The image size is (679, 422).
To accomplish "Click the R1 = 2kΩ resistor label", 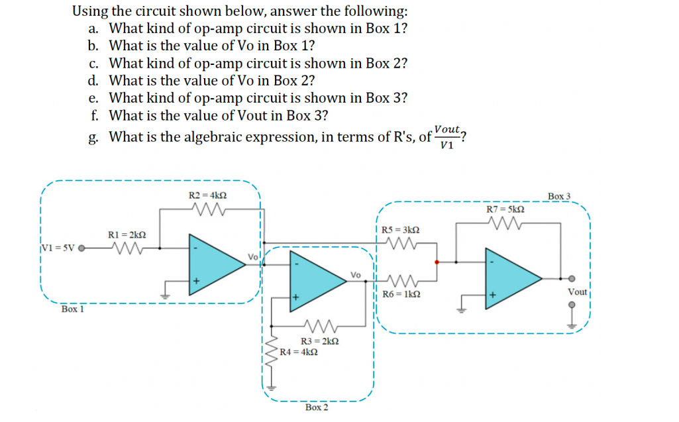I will [127, 235].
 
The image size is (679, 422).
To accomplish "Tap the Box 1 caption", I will [72, 309].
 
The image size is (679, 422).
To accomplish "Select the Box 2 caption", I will [317, 407].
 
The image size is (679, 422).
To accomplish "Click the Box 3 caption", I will [560, 196].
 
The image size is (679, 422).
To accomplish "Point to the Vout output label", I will [577, 292].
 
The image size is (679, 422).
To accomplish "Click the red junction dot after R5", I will [436, 262].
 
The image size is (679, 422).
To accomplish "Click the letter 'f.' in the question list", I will [95, 115].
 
